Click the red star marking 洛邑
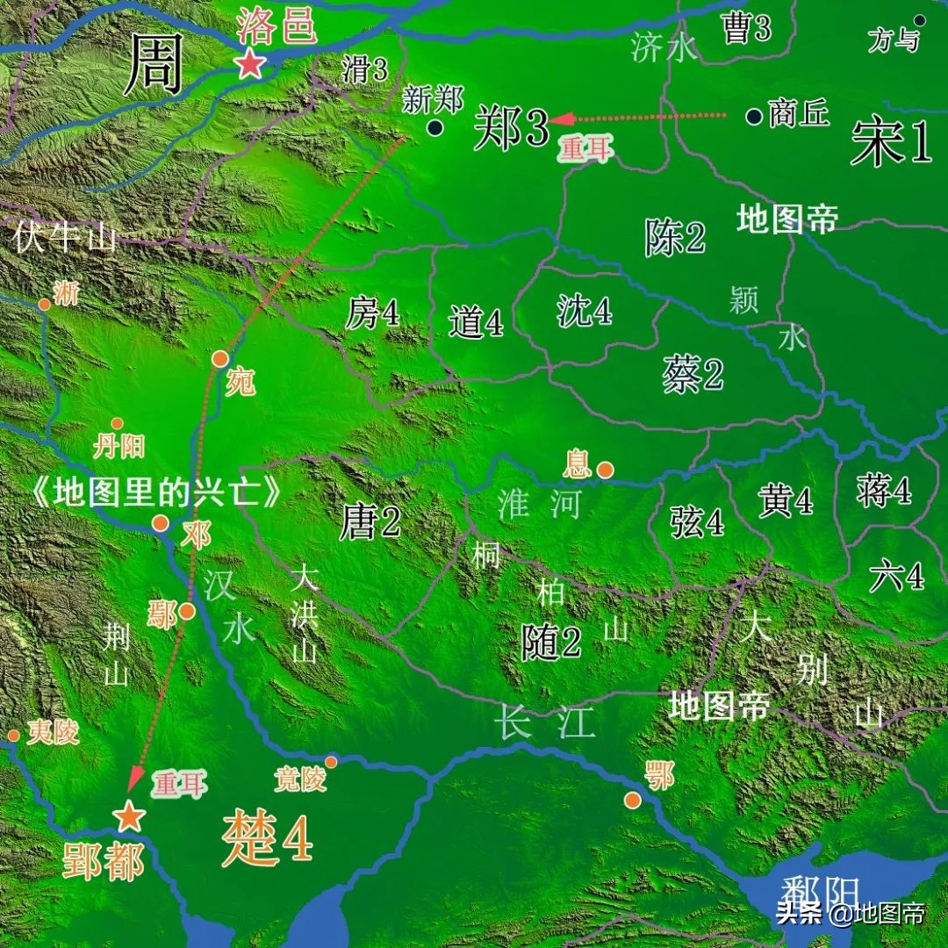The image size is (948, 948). click(x=250, y=63)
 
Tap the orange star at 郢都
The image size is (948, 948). click(x=129, y=816)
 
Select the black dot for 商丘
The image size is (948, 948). click(x=754, y=116)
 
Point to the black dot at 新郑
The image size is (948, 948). click(x=434, y=128)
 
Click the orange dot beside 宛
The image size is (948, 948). click(x=220, y=358)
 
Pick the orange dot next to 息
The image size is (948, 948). click(x=605, y=470)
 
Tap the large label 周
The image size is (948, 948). click(x=154, y=66)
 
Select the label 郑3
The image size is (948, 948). click(x=512, y=131)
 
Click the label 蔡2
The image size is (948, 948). click(x=693, y=375)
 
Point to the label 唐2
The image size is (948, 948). click(x=370, y=524)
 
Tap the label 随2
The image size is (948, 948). click(x=551, y=643)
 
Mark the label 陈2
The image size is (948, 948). click(x=675, y=237)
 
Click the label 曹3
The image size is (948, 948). click(x=745, y=28)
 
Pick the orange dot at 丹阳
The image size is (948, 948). click(x=117, y=424)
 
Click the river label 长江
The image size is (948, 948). click(x=545, y=722)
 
